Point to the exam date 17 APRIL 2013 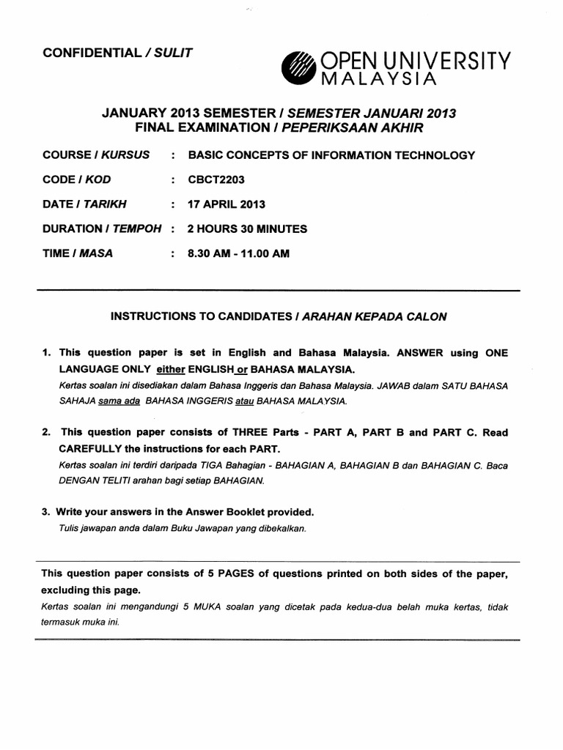click(227, 204)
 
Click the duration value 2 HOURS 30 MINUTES click(248, 229)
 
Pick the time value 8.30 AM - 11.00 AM click(239, 253)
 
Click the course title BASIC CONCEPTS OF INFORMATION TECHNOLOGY click(331, 155)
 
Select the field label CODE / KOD click(77, 179)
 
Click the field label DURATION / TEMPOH click(102, 229)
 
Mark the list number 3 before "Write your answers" click(45, 512)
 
